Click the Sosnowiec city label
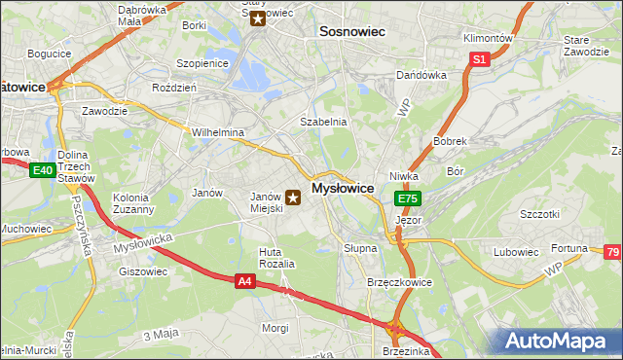pos(352,32)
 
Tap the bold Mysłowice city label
pos(344,188)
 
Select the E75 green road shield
pos(408,198)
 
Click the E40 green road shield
pos(42,171)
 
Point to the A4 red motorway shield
pos(247,281)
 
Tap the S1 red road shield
pos(479,59)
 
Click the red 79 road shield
pos(611,253)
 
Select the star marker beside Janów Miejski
pos(293,198)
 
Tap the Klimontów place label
pos(487,38)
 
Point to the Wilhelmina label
pos(218,132)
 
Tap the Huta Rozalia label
pos(275,258)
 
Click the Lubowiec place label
pos(516,252)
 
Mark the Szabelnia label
pos(323,122)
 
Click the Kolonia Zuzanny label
pos(132,202)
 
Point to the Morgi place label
pos(275,328)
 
